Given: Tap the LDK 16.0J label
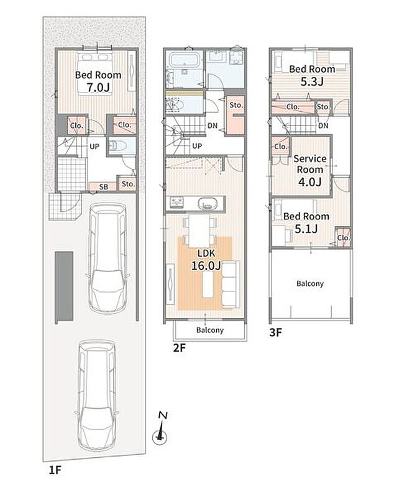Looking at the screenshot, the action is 206,260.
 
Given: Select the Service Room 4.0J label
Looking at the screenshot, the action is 309,170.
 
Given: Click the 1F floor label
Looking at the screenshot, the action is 55,470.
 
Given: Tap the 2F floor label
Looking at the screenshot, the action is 179,348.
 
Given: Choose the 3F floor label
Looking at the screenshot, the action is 275,332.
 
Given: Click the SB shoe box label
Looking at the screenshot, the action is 104,187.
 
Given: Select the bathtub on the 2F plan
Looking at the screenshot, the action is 184,60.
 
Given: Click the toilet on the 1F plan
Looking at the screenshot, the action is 117,146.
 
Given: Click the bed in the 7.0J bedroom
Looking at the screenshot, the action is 94,73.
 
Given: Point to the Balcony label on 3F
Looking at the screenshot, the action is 310,283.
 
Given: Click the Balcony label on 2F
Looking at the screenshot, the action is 210,330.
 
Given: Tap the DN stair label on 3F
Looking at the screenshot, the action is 323,126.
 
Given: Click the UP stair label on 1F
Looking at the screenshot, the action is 94,147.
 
